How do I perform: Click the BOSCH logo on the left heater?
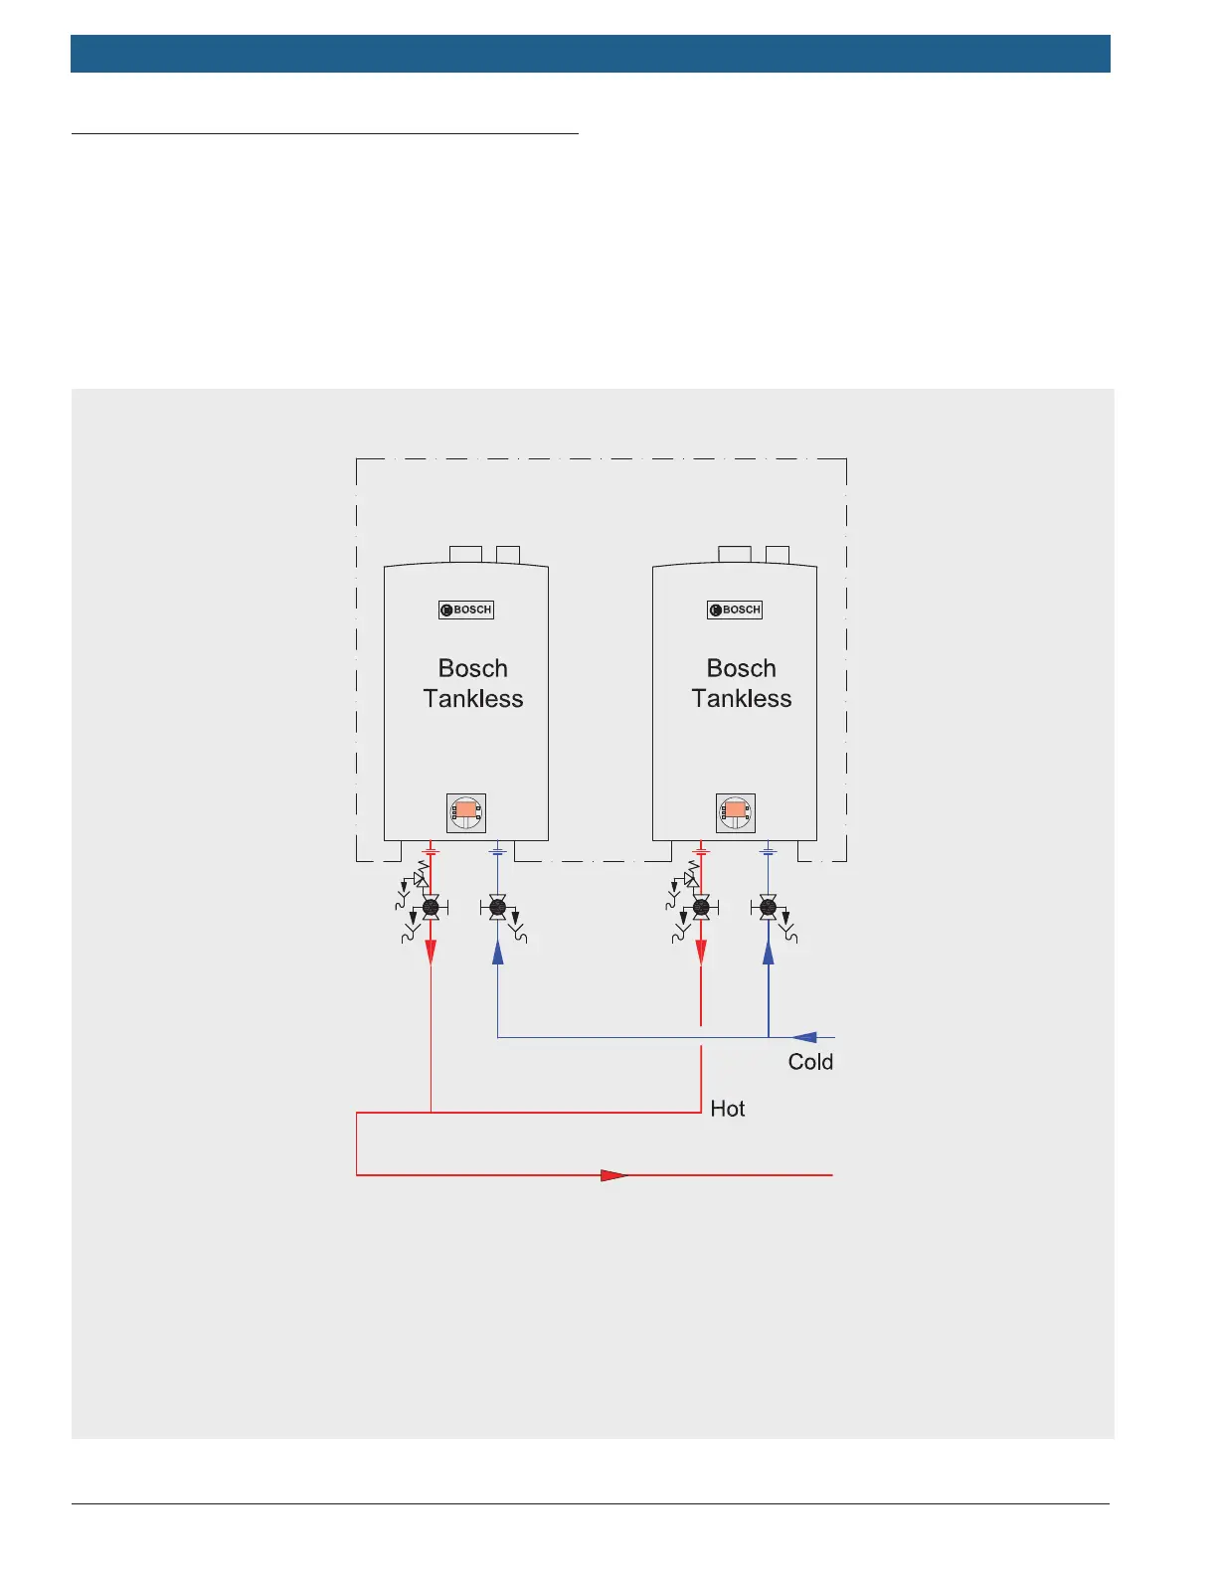pos(466,610)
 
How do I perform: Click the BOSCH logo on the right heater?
pos(735,610)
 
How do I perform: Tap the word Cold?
pos(810,1062)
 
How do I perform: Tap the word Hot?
pos(728,1109)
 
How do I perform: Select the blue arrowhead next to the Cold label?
pos(803,1037)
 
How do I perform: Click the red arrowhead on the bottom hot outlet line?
pos(613,1175)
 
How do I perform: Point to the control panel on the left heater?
pos(466,812)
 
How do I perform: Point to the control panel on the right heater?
pos(736,812)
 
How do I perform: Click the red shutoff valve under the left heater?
pos(431,907)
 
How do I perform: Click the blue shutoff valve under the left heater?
pos(498,907)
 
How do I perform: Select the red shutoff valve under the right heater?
pos(701,907)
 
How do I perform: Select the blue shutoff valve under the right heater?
pos(768,907)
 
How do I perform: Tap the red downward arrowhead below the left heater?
pos(431,952)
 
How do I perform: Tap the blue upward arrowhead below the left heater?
pos(498,952)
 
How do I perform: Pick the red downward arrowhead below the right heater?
pos(701,952)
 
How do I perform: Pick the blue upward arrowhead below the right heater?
pos(768,952)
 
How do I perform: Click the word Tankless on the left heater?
pos(473,699)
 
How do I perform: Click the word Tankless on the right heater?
pos(742,699)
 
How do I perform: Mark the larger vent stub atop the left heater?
pos(465,554)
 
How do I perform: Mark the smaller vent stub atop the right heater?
pos(778,554)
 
